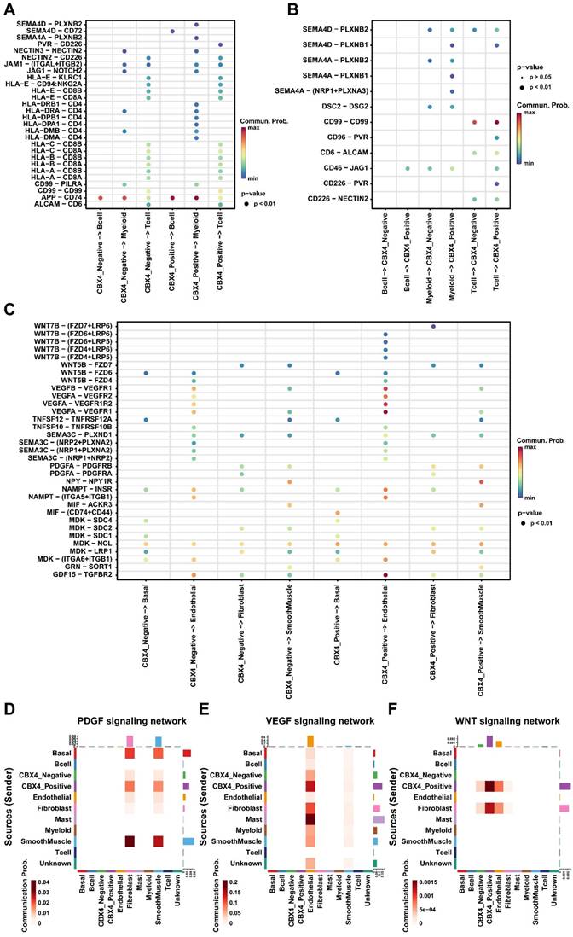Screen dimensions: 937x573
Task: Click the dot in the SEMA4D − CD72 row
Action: tap(172, 32)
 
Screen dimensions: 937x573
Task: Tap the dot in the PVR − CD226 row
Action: tap(221, 45)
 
